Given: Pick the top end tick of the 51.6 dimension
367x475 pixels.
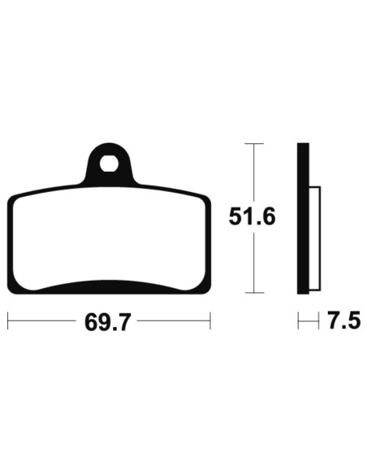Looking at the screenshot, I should coord(254,144).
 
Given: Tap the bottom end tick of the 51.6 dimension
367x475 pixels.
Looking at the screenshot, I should coord(254,291).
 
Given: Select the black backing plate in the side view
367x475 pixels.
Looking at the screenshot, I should coord(303,217).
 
